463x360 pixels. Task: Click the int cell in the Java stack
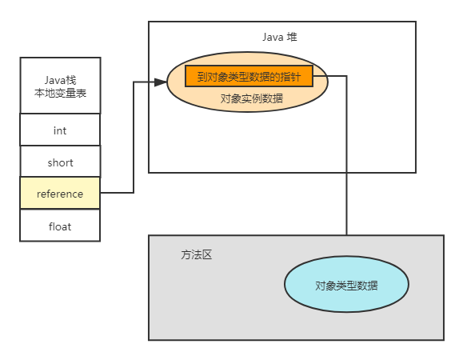[x=60, y=130]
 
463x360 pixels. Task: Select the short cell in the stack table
[x=60, y=162]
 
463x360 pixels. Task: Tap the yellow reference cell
[x=60, y=194]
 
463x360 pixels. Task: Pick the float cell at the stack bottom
[x=60, y=226]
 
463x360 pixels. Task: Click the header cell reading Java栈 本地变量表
[x=60, y=86]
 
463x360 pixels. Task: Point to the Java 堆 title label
[x=281, y=37]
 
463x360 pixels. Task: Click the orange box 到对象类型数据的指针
[x=249, y=76]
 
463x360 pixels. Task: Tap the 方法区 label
[x=197, y=255]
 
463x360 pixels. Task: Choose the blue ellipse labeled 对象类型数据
[x=346, y=286]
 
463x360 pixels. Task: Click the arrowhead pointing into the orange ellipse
[x=161, y=82]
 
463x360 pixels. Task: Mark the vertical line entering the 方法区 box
[x=346, y=200]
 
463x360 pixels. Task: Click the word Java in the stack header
[x=54, y=80]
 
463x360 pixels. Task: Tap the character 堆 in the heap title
[x=293, y=37]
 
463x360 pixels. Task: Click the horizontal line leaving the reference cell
[x=116, y=193]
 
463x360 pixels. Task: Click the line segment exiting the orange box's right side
[x=329, y=76]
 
